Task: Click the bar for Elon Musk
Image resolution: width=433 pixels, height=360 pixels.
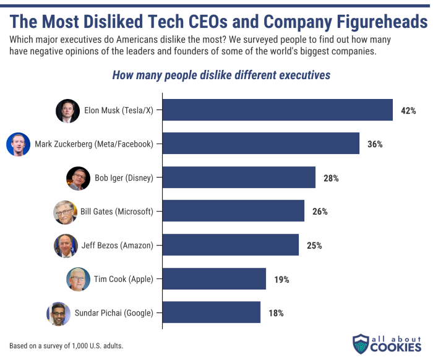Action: click(x=277, y=110)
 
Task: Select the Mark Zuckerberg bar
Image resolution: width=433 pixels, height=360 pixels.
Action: click(x=260, y=144)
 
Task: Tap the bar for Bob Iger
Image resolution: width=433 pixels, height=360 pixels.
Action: click(x=239, y=178)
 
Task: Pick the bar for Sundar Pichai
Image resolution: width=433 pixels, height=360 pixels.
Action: click(x=211, y=312)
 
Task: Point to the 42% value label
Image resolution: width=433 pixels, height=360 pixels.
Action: click(x=408, y=111)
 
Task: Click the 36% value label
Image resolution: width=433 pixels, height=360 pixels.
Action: click(x=375, y=144)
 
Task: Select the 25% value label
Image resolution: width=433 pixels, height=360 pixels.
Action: click(x=314, y=246)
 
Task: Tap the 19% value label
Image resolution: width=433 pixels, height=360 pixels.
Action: click(x=281, y=279)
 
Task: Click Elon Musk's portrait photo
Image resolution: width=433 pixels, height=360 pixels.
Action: click(x=67, y=111)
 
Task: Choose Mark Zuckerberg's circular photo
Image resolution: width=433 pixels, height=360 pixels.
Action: click(x=18, y=145)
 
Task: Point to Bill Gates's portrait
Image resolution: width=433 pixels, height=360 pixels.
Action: click(x=66, y=212)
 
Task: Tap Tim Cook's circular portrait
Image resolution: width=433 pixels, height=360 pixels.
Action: click(x=78, y=279)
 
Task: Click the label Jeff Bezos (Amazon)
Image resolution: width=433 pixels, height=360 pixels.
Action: click(x=117, y=246)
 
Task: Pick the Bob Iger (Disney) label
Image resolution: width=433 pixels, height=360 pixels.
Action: click(x=124, y=178)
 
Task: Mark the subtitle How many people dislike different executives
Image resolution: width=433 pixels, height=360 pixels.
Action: click(x=221, y=75)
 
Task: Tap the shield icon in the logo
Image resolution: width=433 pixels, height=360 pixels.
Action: click(x=361, y=344)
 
